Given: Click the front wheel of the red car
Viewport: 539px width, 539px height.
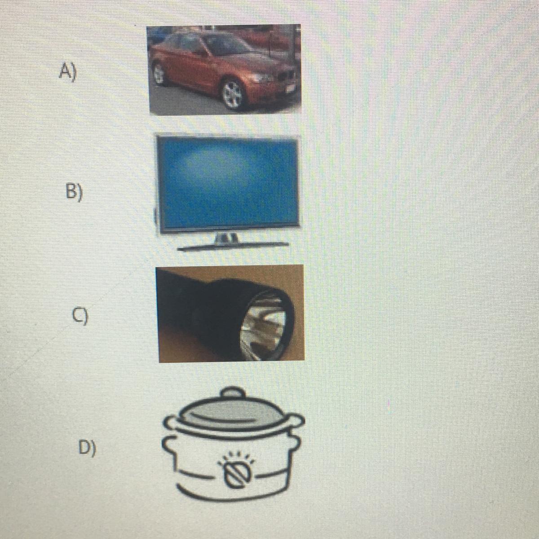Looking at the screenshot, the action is click(233, 94).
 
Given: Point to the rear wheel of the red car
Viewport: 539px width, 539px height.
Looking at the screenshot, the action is click(159, 74).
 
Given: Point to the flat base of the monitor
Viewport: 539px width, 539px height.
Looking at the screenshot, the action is click(234, 247).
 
